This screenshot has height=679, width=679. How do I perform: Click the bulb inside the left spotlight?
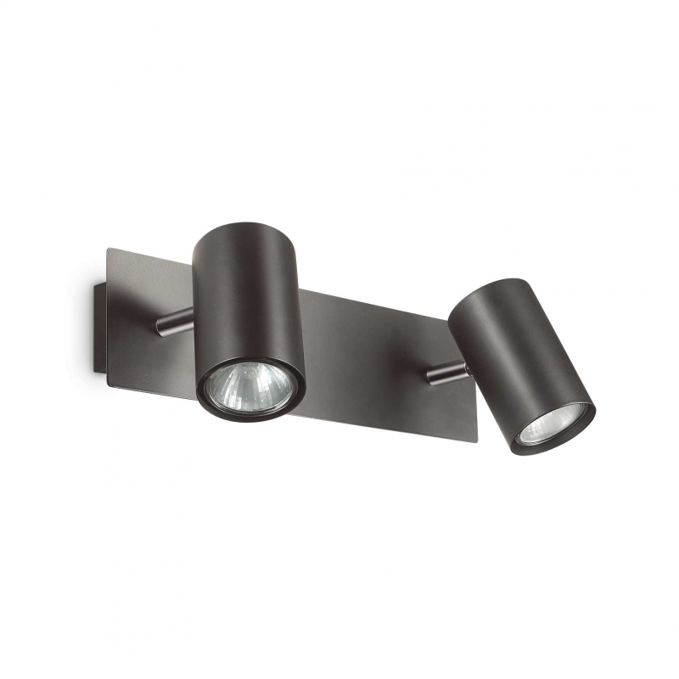(x=249, y=387)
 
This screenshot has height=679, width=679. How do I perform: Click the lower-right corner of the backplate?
(x=477, y=440)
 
